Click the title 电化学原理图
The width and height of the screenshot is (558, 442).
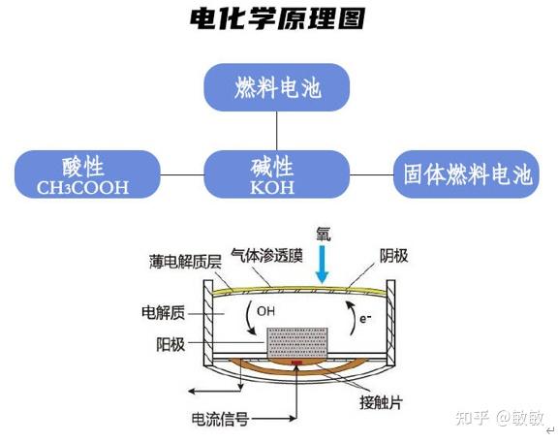coord(277,18)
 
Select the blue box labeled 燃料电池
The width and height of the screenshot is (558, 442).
coord(276,87)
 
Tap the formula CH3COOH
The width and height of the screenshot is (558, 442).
coord(82,188)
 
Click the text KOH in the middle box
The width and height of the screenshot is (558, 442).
coord(272,188)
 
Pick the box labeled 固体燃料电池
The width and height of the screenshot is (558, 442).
coord(466,174)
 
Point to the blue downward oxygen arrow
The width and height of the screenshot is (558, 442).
coord(323,265)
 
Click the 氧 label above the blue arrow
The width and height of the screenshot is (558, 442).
coord(324,234)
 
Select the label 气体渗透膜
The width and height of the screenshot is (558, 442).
coord(267,255)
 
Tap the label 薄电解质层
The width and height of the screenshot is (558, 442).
coord(185,262)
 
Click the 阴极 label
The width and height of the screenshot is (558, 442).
coord(393,256)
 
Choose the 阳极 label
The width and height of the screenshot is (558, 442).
coord(170,344)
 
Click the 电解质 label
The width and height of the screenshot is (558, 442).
coord(164,312)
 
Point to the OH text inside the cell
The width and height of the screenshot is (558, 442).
coord(265,311)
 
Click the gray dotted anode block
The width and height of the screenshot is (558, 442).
coord(297,343)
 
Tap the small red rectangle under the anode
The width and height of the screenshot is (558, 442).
coord(296,363)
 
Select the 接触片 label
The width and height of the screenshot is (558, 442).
coord(381,403)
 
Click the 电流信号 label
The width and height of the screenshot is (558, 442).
coord(220,419)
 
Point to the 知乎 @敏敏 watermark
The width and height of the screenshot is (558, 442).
coord(500,418)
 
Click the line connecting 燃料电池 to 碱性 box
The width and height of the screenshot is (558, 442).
coord(277,131)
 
